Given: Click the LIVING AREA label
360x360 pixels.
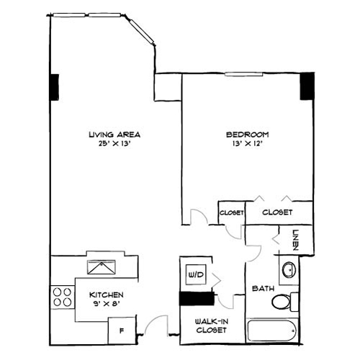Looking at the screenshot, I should (x=113, y=135).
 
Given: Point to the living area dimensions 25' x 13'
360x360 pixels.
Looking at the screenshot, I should (x=113, y=144).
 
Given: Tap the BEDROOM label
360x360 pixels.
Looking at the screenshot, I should (x=247, y=135).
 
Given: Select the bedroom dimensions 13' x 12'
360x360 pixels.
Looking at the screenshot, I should (x=247, y=144).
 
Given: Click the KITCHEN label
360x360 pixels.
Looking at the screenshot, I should (x=106, y=295).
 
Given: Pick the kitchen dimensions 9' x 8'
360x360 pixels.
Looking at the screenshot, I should (x=106, y=305).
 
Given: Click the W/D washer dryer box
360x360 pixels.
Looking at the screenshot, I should (x=195, y=274).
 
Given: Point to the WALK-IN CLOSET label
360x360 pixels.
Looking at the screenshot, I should (x=211, y=325).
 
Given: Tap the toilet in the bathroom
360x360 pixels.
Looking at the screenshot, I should (x=284, y=300).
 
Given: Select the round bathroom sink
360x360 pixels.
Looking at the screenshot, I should (x=289, y=271).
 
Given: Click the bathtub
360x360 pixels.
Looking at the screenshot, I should (x=271, y=332).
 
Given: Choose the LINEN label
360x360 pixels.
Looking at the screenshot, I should (x=296, y=238).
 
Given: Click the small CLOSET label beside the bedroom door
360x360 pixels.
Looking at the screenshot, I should (x=231, y=213).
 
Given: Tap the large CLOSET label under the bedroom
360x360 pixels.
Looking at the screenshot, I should (x=276, y=212).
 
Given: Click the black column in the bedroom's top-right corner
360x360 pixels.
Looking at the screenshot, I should (x=307, y=86).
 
